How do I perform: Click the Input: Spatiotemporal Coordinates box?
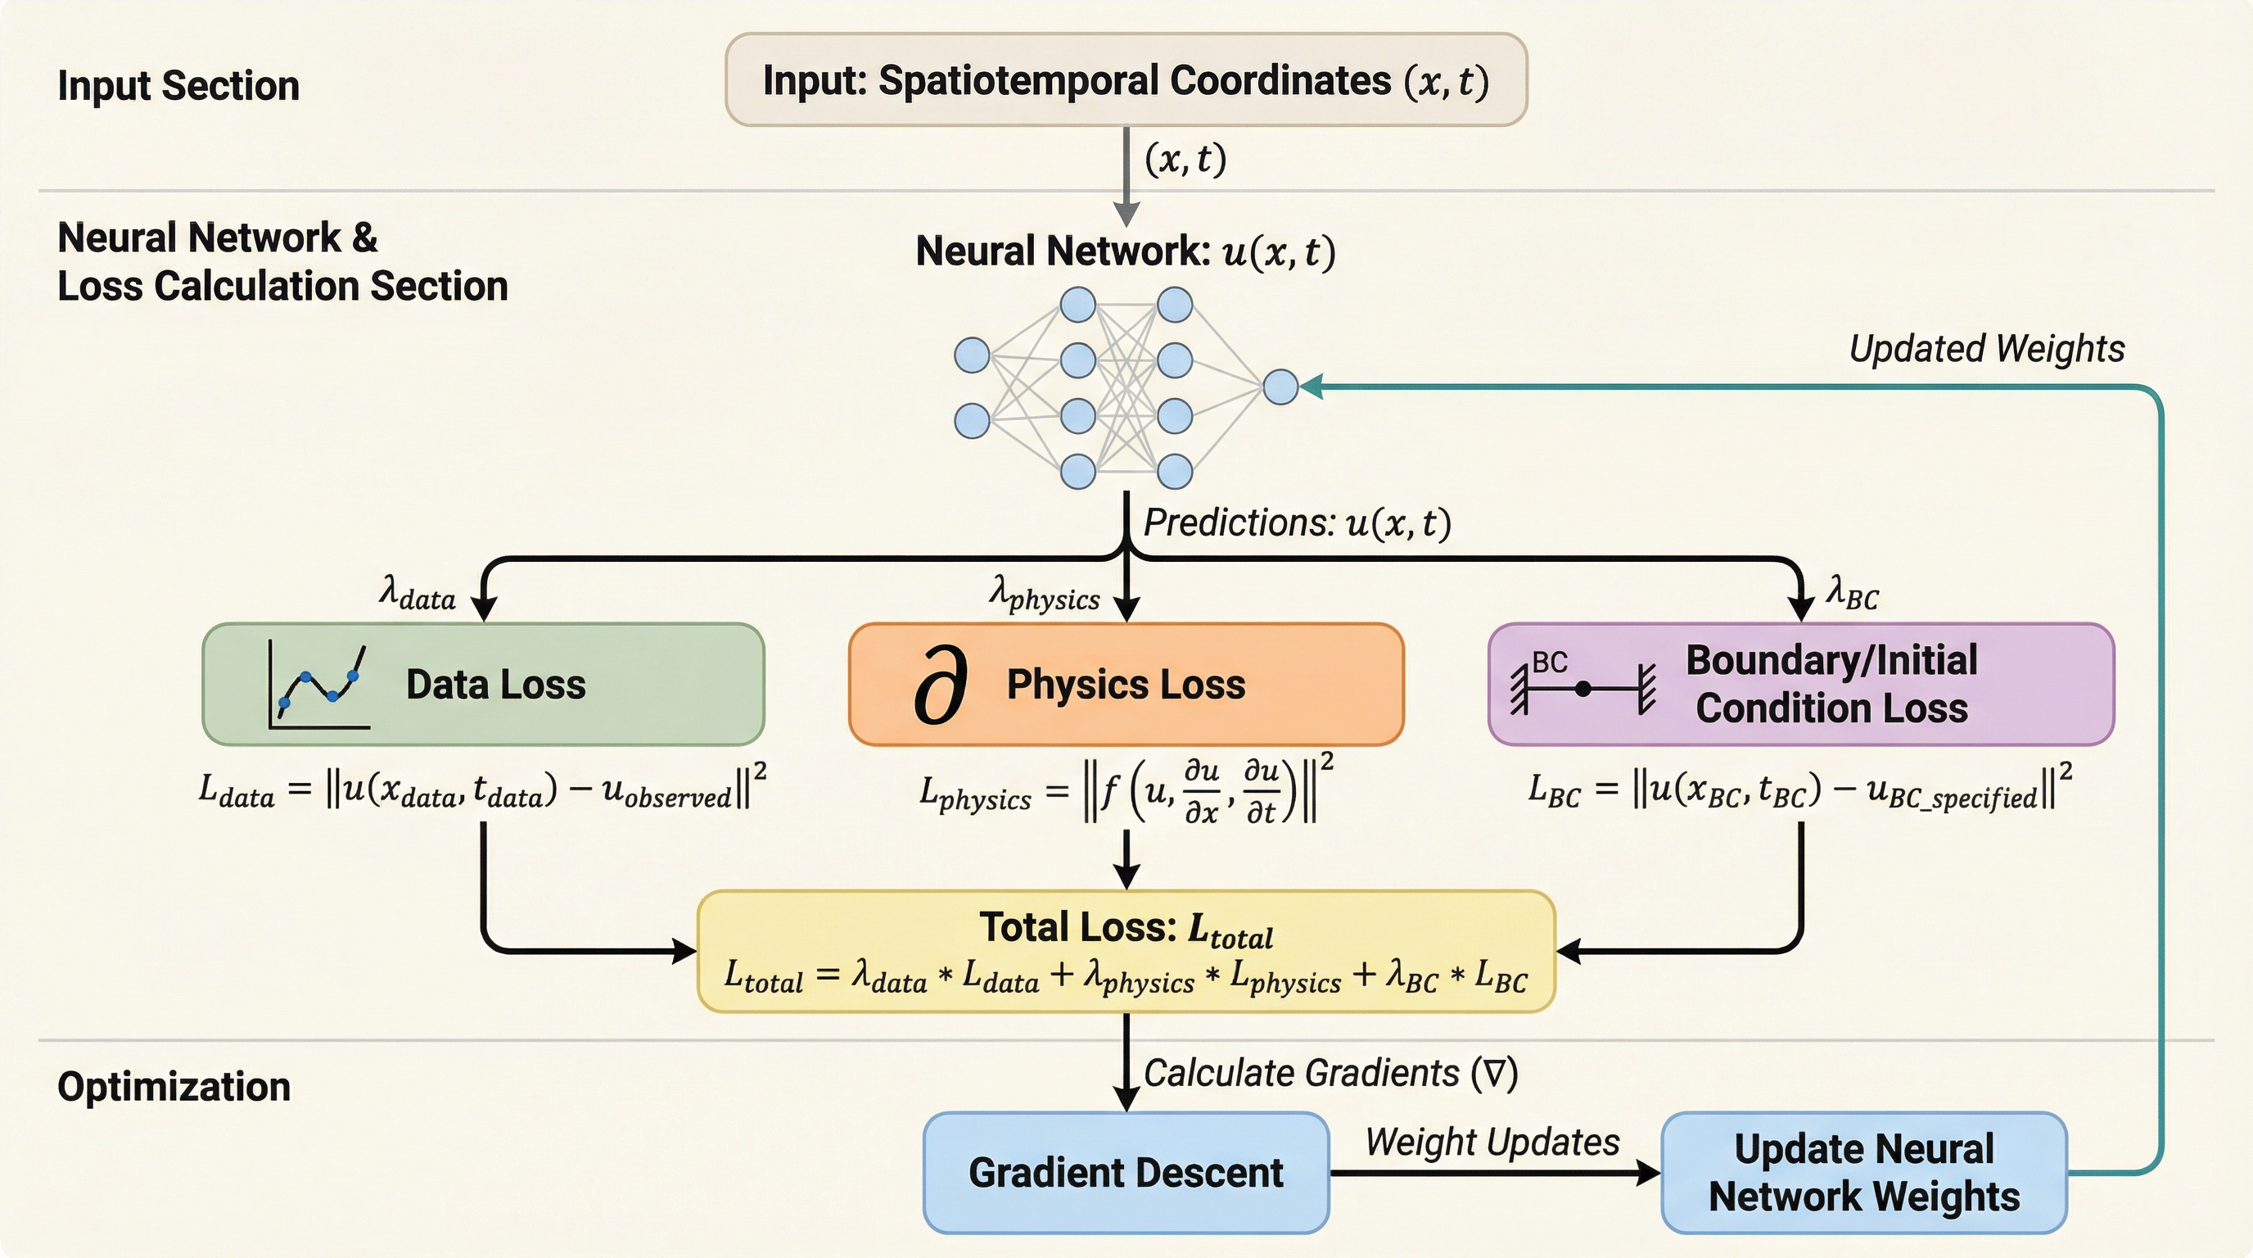pyautogui.click(x=1126, y=79)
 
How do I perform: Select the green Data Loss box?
pyautogui.click(x=483, y=684)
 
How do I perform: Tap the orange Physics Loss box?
pyautogui.click(x=1126, y=684)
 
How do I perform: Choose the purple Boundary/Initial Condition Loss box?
pyautogui.click(x=1800, y=684)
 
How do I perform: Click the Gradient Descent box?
pyautogui.click(x=1126, y=1172)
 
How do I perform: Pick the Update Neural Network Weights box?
pyautogui.click(x=1863, y=1172)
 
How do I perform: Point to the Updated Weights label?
pyautogui.click(x=1985, y=348)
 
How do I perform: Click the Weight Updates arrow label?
pyautogui.click(x=1492, y=1142)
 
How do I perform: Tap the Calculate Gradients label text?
pyautogui.click(x=1330, y=1073)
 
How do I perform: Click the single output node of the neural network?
pyautogui.click(x=1280, y=387)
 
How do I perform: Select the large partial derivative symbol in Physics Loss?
pyautogui.click(x=940, y=685)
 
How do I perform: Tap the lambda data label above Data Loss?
pyautogui.click(x=418, y=592)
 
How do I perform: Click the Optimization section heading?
pyautogui.click(x=174, y=1087)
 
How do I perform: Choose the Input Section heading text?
pyautogui.click(x=178, y=86)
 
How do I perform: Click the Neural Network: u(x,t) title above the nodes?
pyautogui.click(x=1126, y=251)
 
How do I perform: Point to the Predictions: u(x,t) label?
pyautogui.click(x=1297, y=523)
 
